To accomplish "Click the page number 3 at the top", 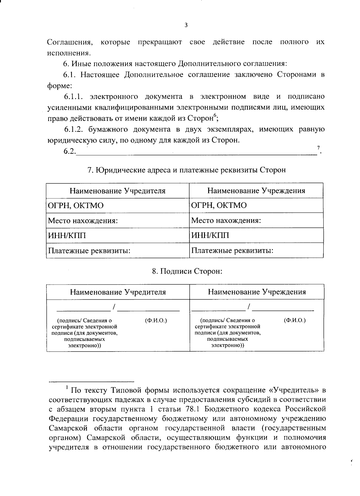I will click(186, 25).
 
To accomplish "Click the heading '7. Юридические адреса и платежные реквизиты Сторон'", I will click(186, 170).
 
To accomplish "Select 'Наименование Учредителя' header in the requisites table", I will click(118, 191).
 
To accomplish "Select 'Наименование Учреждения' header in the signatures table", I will click(257, 292).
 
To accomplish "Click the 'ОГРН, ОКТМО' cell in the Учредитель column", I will click(76, 206).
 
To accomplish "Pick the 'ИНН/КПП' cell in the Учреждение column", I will click(210, 235).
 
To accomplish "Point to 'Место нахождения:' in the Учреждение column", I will click(226, 221).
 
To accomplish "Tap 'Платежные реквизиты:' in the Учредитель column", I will click(89, 250).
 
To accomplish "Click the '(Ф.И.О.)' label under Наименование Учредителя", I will click(156, 320).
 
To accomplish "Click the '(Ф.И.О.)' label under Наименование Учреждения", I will click(295, 320).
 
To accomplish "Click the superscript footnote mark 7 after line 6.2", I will click(319, 148).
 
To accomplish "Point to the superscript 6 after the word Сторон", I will click(214, 116).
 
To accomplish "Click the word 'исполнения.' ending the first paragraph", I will click(69, 53).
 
